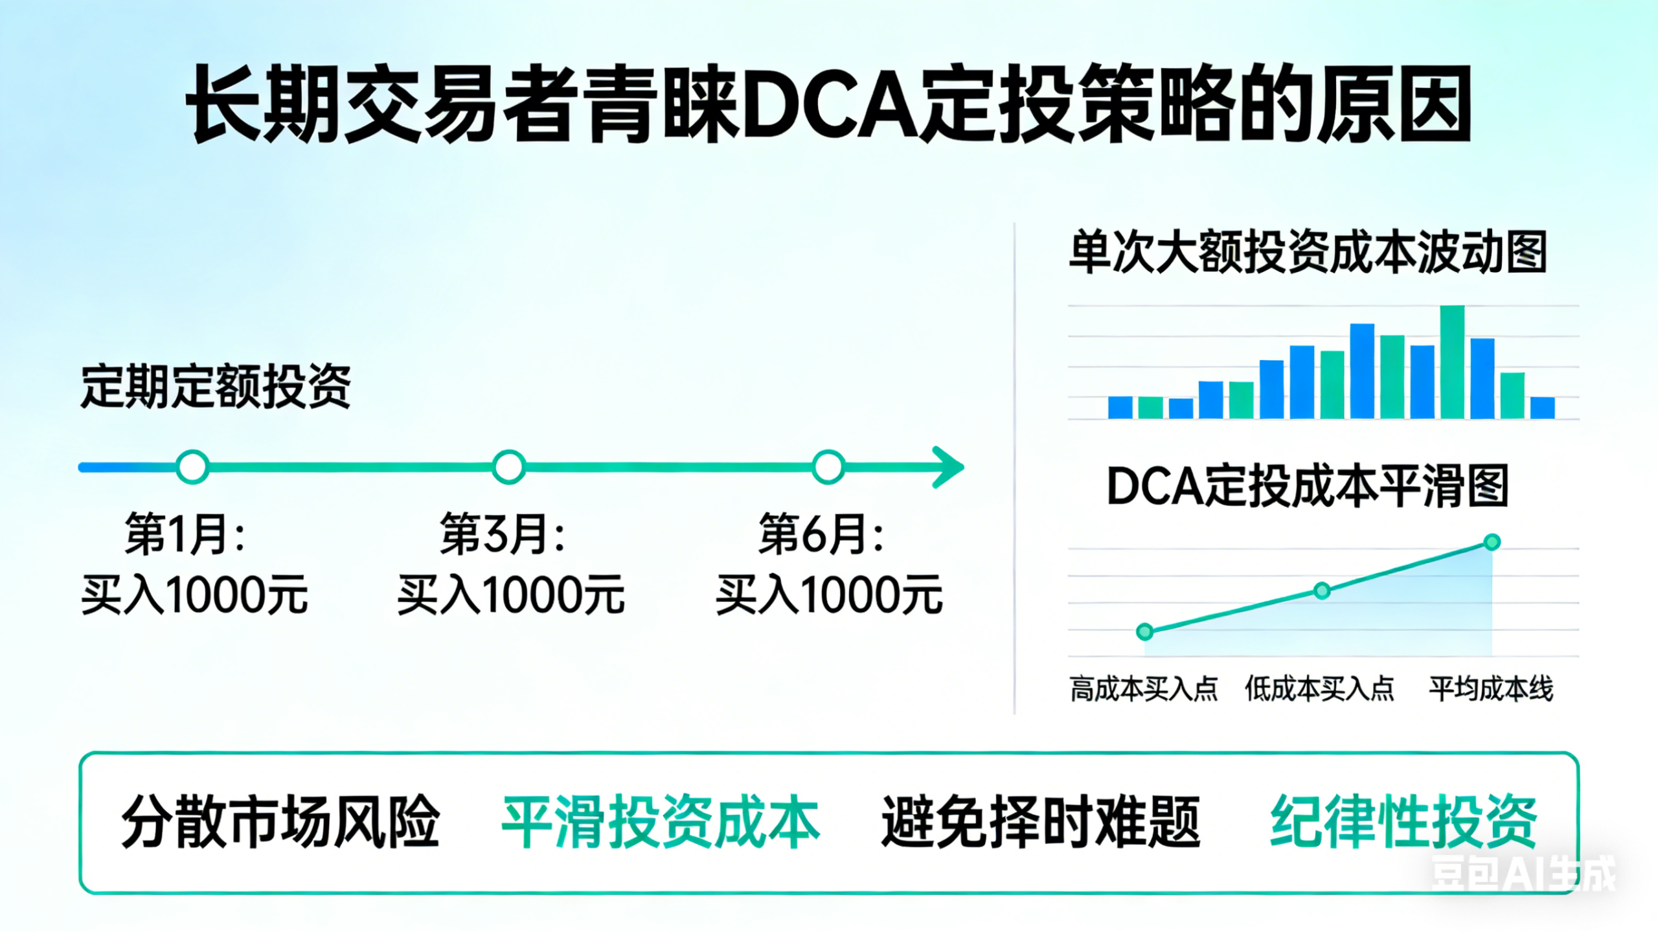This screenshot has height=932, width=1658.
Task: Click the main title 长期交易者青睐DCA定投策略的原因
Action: [829, 104]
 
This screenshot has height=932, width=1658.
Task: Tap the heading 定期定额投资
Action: [216, 386]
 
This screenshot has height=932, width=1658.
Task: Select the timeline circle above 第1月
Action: [192, 467]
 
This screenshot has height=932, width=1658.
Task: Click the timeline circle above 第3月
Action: [509, 467]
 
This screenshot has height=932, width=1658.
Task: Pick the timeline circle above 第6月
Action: [828, 467]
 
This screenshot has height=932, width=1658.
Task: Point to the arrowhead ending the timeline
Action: [949, 467]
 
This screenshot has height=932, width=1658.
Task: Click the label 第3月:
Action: [503, 534]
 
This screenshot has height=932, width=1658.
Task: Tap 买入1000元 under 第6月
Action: [828, 595]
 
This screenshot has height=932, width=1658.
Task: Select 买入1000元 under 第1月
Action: [194, 595]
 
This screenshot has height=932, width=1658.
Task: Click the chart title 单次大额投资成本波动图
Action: [1308, 252]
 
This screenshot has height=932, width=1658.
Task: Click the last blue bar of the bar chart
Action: [1543, 407]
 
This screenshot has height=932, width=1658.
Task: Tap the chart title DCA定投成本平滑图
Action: [1308, 486]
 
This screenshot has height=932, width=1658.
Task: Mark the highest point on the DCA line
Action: [1492, 542]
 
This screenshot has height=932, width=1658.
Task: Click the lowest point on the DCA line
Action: [1145, 631]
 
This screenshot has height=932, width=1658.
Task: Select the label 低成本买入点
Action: [1319, 688]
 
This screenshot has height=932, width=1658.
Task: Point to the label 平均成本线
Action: [1491, 688]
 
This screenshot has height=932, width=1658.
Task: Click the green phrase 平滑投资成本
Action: [661, 822]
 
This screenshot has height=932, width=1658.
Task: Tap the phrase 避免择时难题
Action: [1041, 822]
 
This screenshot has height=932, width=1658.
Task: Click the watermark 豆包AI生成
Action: [1523, 874]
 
